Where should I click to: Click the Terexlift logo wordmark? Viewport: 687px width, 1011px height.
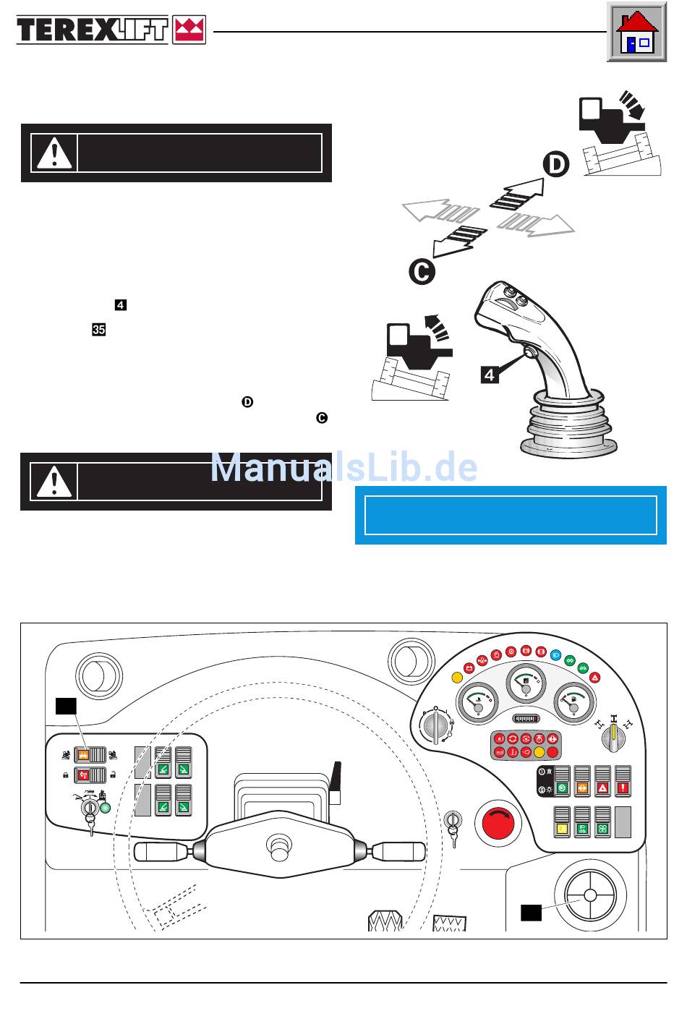(x=93, y=30)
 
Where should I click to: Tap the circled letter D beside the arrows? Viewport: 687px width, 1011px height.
(x=555, y=165)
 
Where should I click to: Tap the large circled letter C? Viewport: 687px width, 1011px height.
(x=421, y=272)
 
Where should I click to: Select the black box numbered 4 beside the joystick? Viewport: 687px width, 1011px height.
(x=490, y=375)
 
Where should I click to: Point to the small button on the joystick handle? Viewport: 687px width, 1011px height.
(x=530, y=354)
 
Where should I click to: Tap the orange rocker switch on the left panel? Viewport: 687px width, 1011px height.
(x=84, y=755)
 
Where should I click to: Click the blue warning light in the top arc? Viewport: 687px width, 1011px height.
(x=555, y=654)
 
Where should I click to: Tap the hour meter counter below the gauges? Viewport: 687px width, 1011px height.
(x=527, y=719)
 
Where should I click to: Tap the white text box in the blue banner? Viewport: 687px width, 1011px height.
(x=511, y=515)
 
